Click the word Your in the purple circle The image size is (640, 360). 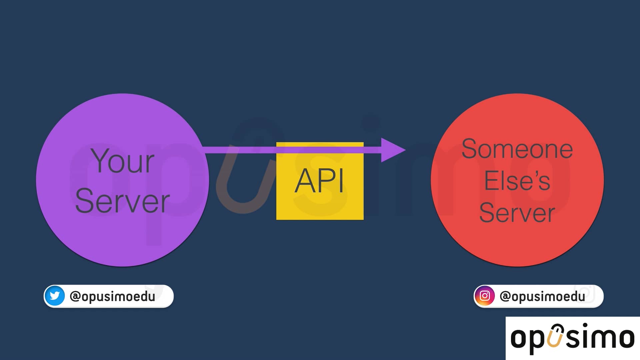122,161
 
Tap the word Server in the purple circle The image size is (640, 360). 122,201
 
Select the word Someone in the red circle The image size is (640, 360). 517,149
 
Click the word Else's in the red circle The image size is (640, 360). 517,181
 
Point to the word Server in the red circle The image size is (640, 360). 517,213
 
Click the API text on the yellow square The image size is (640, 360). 319,181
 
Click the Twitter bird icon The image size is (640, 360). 55,296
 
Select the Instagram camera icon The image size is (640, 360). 485,296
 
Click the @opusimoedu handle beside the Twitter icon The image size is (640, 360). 112,296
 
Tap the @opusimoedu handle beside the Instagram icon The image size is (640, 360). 542,296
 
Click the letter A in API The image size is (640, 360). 304,181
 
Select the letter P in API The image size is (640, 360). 328,181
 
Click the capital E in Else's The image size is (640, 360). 491,181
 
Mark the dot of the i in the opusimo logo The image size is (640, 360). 585,325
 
